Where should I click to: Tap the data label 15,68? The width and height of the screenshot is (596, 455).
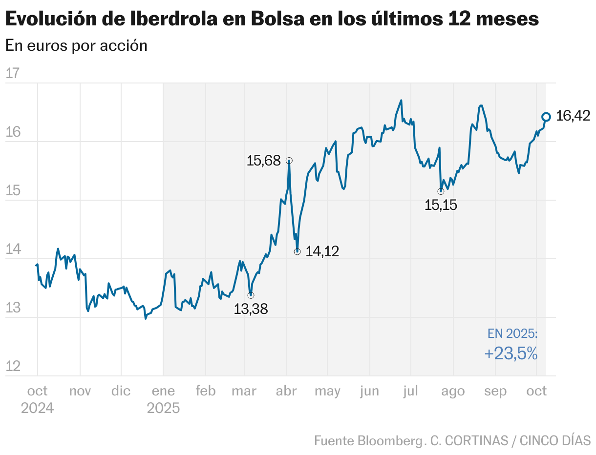pos(263,161)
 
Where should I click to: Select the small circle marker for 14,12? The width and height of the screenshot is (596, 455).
pos(297,251)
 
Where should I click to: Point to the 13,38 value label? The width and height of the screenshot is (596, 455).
pos(251,309)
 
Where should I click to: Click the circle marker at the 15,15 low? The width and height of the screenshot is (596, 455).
pos(441,191)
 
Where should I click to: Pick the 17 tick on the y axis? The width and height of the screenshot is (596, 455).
pos(12,74)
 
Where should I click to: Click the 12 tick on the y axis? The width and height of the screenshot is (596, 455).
pos(12,366)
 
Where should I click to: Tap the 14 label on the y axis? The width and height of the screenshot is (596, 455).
pos(12,249)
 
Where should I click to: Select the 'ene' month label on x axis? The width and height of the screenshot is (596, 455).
pos(163,391)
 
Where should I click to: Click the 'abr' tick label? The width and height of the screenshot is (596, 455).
pos(286,391)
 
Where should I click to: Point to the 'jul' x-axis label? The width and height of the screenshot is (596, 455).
pos(410,391)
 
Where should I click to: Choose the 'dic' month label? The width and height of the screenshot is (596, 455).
pos(121,391)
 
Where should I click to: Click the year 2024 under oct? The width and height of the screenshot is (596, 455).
pos(37,408)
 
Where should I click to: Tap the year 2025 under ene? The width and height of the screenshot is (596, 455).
pos(163,408)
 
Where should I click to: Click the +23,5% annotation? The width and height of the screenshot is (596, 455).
pos(511,353)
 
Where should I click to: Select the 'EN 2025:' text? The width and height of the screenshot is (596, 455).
pos(512,334)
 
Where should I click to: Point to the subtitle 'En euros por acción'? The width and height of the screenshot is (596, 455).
pos(76,45)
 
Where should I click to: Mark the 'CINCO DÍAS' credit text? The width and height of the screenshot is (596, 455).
pos(555,440)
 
